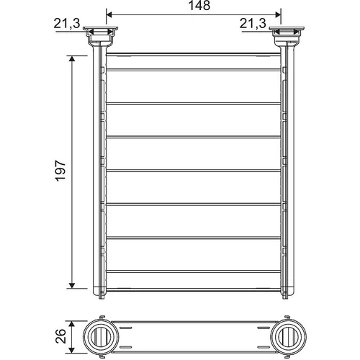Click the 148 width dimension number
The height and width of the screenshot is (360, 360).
(x=199, y=6)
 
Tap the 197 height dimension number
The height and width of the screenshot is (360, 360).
(x=60, y=171)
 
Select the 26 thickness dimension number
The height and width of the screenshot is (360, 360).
(x=60, y=336)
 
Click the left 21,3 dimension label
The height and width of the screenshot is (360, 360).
(x=66, y=24)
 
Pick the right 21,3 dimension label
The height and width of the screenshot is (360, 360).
(x=253, y=24)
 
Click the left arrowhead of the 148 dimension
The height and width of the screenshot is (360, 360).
(x=109, y=14)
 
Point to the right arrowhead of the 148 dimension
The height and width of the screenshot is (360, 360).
(x=278, y=14)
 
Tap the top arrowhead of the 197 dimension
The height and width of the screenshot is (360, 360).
(x=72, y=59)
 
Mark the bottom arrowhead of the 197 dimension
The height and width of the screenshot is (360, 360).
(x=72, y=285)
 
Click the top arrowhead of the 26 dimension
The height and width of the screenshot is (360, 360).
(x=72, y=324)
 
